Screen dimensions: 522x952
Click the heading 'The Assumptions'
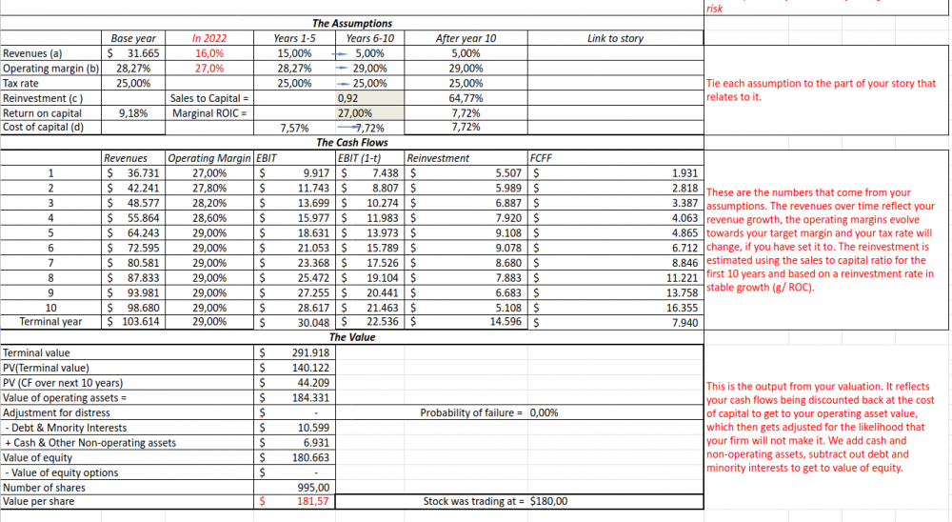coord(351,23)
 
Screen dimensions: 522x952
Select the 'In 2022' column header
coord(209,38)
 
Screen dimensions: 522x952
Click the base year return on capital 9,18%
coord(132,112)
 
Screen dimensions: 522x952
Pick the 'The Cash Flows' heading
coord(351,142)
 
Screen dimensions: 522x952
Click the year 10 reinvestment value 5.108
coord(505,308)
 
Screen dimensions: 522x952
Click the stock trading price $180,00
coord(548,501)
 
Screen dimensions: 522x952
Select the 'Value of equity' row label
coord(37,457)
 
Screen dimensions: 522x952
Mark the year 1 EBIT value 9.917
coord(314,173)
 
